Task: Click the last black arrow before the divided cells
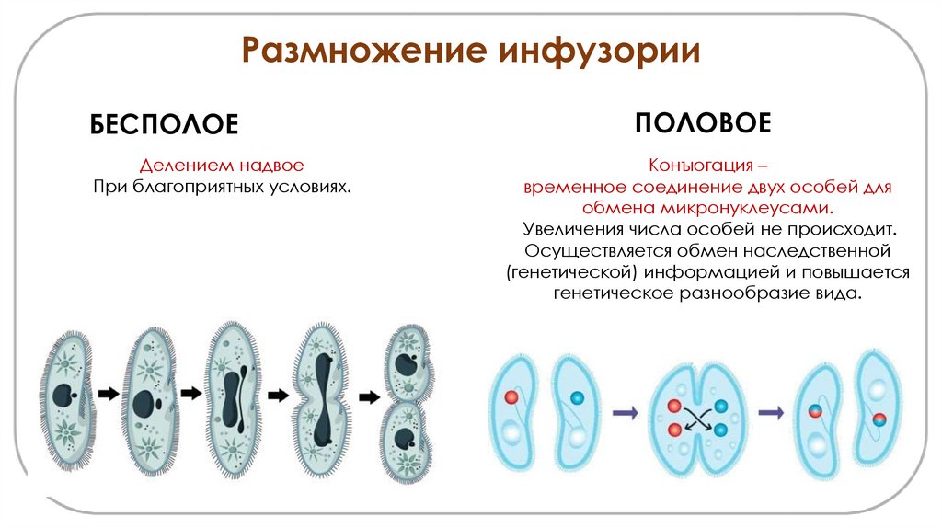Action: [369, 397]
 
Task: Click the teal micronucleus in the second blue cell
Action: [577, 397]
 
